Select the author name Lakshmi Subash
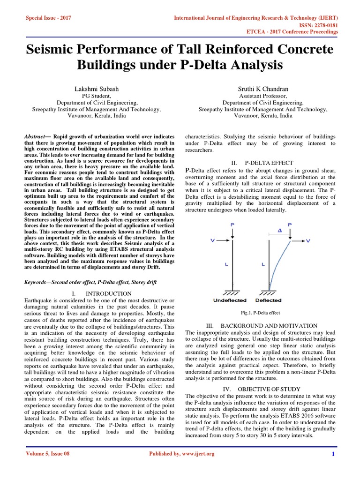pos(97,89)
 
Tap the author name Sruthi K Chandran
pos(262,89)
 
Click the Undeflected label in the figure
pos(230,300)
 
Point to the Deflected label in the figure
pos(269,300)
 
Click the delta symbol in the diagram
pos(279,231)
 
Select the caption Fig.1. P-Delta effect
pos(260,313)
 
